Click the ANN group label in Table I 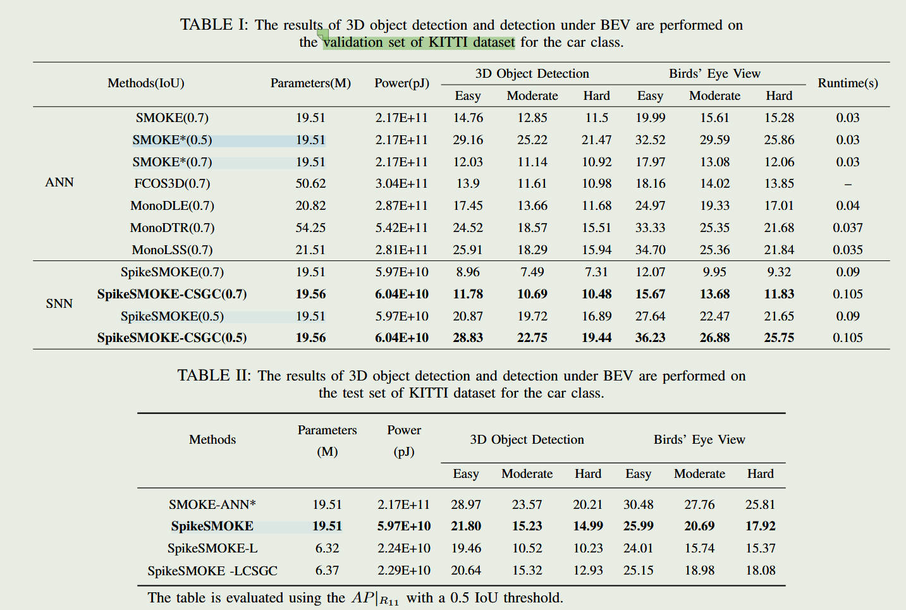59,182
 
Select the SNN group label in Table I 59,303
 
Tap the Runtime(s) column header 847,83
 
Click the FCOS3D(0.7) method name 172,183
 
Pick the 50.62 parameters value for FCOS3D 310,183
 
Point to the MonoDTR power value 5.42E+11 401,228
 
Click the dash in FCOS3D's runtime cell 848,184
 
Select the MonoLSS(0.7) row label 172,250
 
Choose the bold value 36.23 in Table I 650,338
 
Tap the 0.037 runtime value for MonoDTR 847,228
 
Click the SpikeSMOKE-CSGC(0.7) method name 172,294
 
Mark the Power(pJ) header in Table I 401,83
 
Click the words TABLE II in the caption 214,375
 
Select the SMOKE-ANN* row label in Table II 212,504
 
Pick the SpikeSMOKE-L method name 212,548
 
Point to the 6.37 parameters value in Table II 327,570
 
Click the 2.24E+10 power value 404,548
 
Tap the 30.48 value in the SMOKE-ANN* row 639,504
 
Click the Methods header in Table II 212,439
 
